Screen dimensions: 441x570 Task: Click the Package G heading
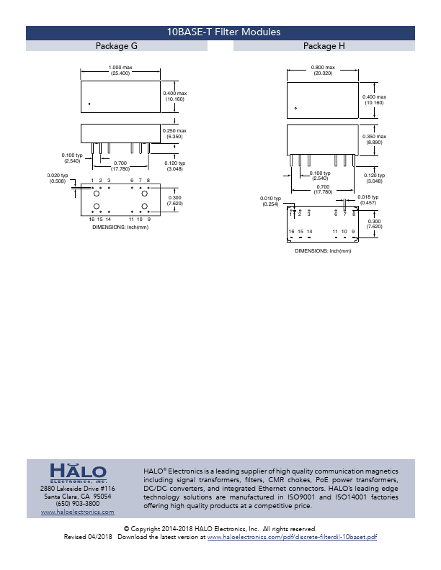tap(117, 46)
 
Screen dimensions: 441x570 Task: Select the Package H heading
tap(324, 46)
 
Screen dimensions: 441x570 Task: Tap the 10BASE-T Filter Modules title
tap(223, 32)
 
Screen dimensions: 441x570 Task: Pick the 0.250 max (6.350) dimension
tap(174, 133)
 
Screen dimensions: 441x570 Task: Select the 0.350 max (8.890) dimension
tap(374, 139)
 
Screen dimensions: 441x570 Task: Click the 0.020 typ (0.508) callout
tap(58, 178)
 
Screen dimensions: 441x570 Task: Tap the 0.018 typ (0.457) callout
tap(368, 199)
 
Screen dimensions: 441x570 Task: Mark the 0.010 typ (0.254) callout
tap(270, 201)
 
